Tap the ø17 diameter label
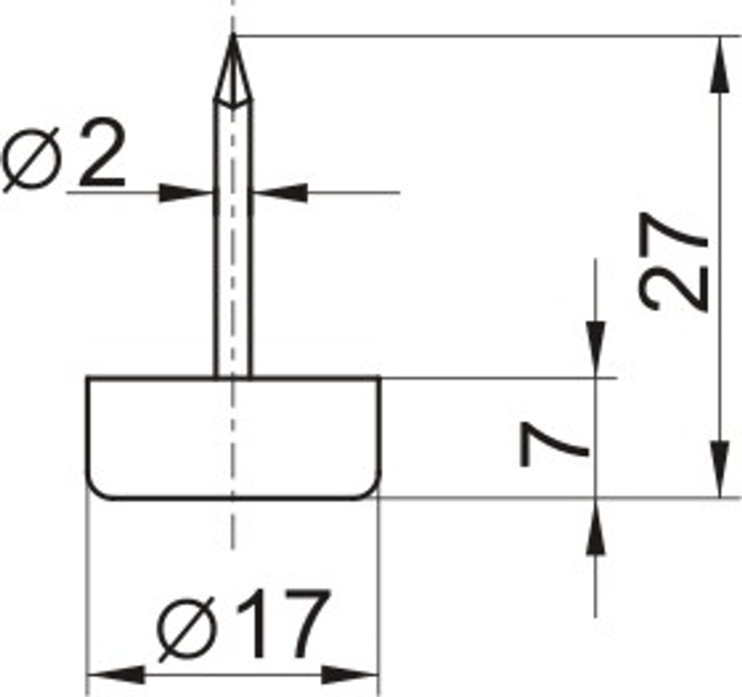[x=243, y=626]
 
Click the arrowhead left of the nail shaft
[x=185, y=192]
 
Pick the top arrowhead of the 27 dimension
[x=718, y=63]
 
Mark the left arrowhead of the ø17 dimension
[x=115, y=675]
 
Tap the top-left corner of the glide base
[x=89, y=379]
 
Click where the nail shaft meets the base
[x=233, y=377]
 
